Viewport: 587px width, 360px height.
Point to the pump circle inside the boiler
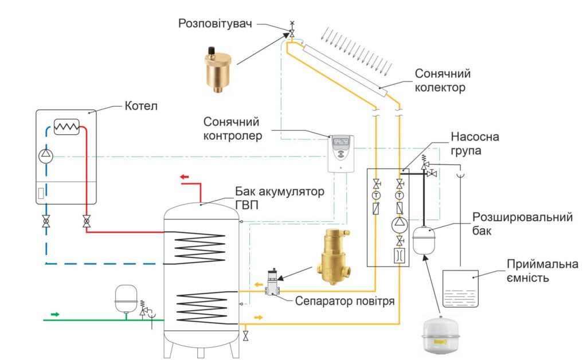click(46, 155)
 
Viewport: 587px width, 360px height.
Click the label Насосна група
click(475, 144)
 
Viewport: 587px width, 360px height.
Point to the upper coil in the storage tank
click(201, 246)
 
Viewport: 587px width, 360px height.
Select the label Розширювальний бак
click(523, 224)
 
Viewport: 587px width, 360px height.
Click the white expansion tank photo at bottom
click(441, 336)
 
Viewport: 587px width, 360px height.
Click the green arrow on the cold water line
click(55, 314)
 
